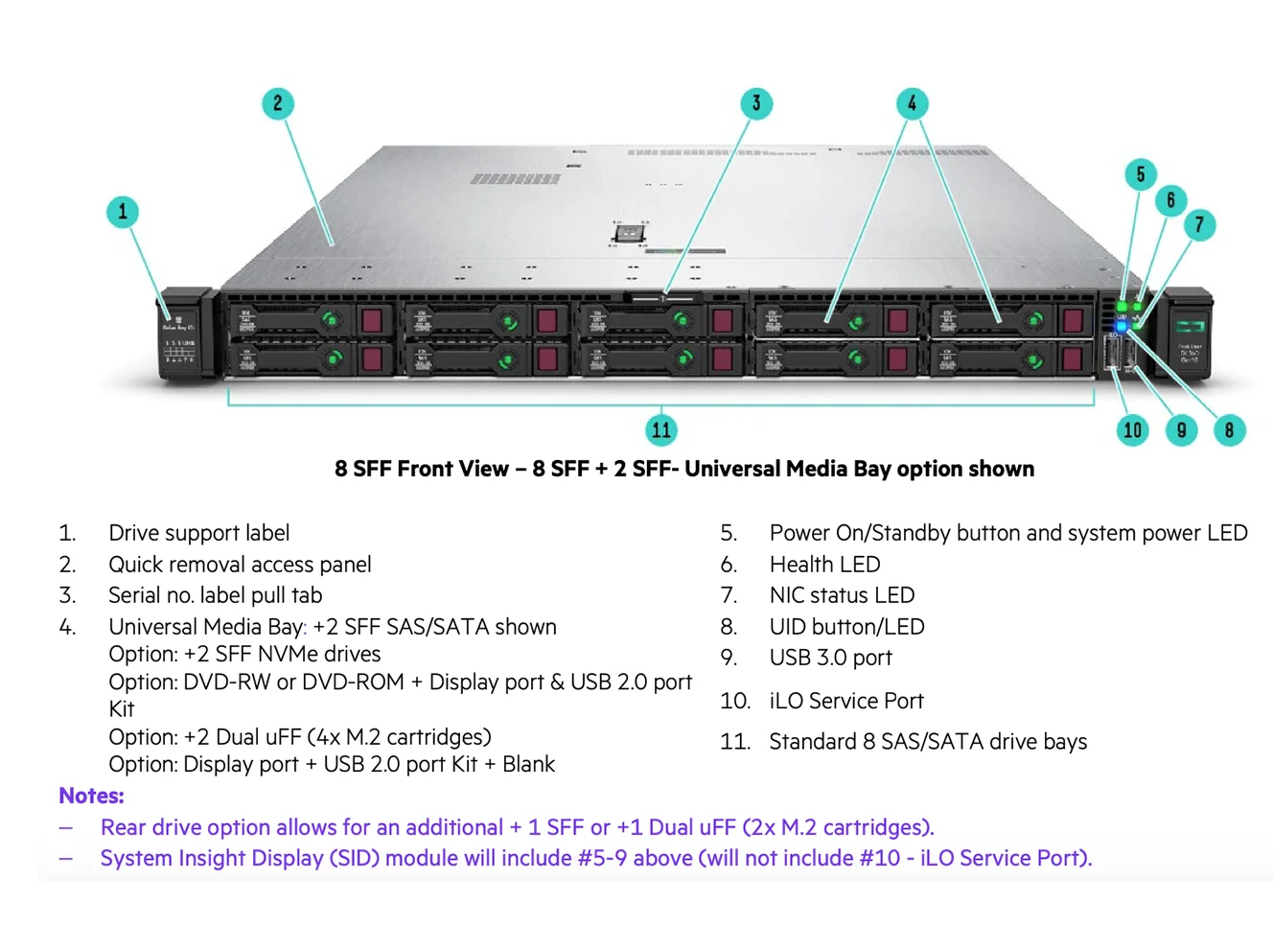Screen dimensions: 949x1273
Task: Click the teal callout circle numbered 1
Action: coord(123,212)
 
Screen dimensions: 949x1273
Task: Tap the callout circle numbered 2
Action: coord(278,104)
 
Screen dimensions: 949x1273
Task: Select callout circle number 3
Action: coord(756,104)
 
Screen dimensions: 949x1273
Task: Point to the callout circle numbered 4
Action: coord(912,104)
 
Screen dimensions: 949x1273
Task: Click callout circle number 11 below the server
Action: coord(661,429)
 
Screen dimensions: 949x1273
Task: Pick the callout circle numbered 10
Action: coord(1133,429)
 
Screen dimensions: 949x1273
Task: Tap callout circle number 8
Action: coord(1229,429)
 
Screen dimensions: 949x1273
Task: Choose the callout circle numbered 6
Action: coord(1170,200)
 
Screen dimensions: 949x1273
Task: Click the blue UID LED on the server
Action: coord(1122,327)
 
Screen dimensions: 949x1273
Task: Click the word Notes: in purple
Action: coord(92,796)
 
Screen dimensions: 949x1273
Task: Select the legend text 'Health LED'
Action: coord(824,565)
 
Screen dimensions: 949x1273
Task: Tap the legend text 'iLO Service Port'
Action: coord(846,701)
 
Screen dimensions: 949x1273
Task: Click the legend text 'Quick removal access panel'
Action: coord(240,565)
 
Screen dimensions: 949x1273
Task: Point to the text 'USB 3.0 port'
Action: coord(830,658)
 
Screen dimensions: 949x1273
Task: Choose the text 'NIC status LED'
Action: coord(842,595)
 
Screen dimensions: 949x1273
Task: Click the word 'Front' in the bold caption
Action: coord(424,469)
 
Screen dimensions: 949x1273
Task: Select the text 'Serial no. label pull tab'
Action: coord(216,595)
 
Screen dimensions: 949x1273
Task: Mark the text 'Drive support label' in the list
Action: coord(199,533)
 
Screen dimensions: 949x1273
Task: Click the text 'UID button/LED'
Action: coord(846,627)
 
